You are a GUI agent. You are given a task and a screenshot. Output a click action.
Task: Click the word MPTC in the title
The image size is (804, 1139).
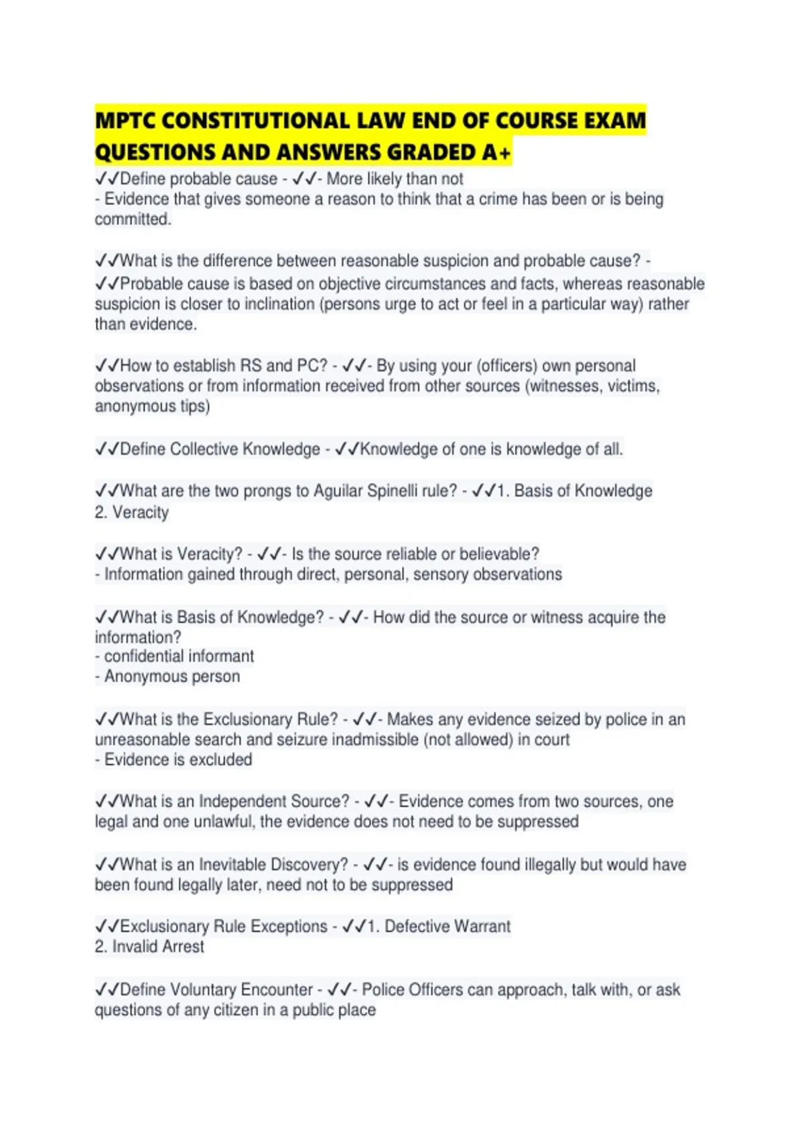pyautogui.click(x=125, y=121)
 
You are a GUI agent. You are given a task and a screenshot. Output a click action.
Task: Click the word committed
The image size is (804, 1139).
pyautogui.click(x=133, y=219)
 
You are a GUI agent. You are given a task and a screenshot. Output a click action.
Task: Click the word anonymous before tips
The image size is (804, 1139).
pyautogui.click(x=135, y=407)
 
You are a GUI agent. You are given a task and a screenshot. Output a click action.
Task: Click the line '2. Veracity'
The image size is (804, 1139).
pyautogui.click(x=131, y=513)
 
